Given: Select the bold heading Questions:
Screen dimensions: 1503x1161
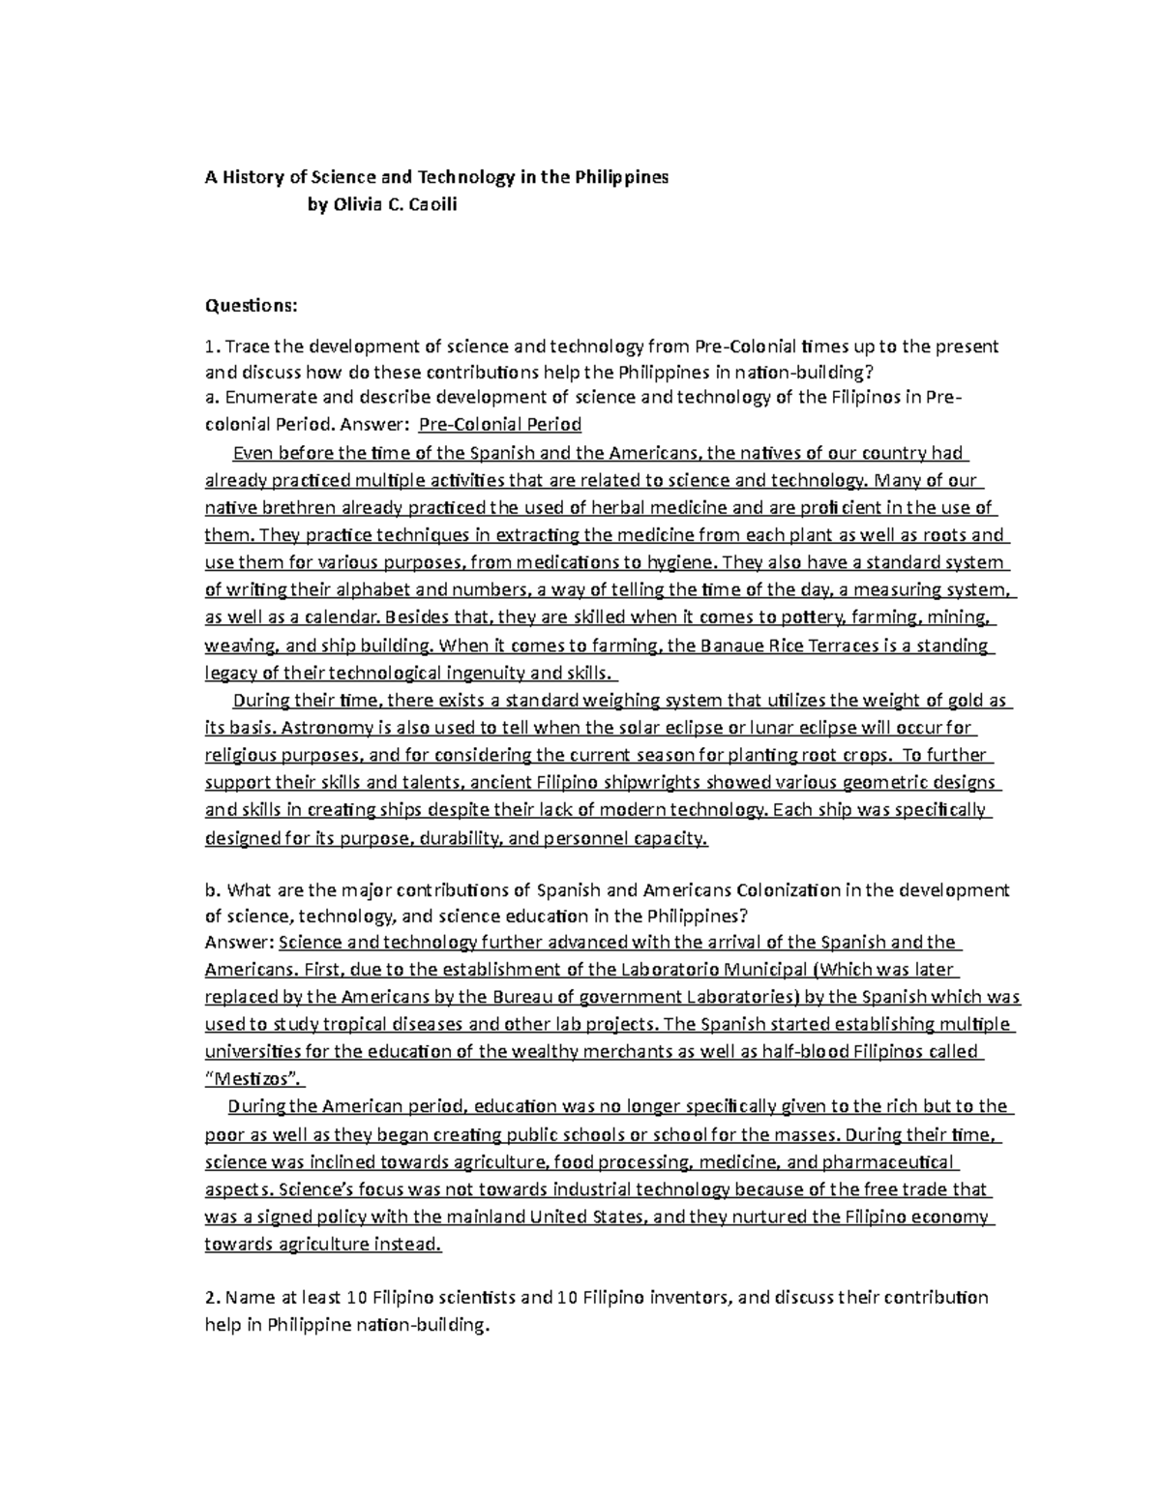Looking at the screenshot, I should pos(252,306).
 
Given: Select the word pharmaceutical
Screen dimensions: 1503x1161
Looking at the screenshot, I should pos(883,1161).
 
